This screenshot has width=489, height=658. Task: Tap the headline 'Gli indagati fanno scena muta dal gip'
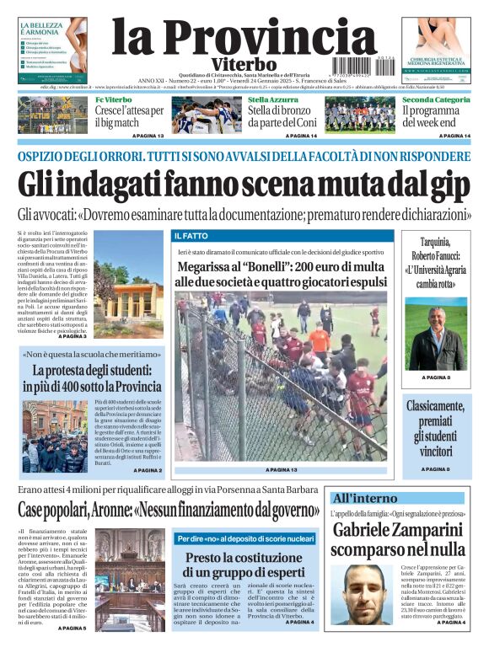[x=244, y=184]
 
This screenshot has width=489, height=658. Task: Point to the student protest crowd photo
[x=54, y=436]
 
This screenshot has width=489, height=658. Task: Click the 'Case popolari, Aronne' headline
[x=169, y=509]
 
